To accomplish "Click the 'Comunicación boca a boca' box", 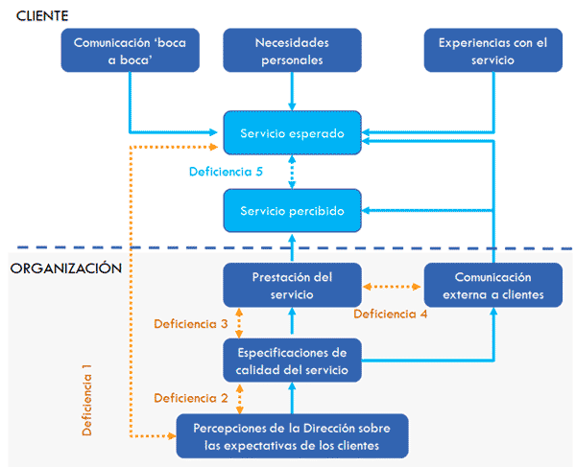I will pyautogui.click(x=131, y=50).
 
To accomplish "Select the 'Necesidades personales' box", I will pyautogui.click(x=292, y=50).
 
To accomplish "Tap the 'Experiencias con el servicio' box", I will pyautogui.click(x=493, y=50).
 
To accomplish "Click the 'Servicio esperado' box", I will pyautogui.click(x=292, y=132).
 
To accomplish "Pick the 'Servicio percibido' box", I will pyautogui.click(x=292, y=210).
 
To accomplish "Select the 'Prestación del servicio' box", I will pyautogui.click(x=292, y=285).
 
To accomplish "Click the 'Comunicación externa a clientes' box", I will pyautogui.click(x=493, y=285).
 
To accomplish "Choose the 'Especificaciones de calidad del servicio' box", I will pyautogui.click(x=292, y=359).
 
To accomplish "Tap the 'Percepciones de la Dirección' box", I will pyautogui.click(x=292, y=435).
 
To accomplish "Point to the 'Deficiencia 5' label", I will pyautogui.click(x=226, y=172).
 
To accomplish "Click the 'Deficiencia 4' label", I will pyautogui.click(x=390, y=314).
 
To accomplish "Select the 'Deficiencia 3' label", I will pyautogui.click(x=190, y=323).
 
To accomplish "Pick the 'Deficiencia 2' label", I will pyautogui.click(x=190, y=397).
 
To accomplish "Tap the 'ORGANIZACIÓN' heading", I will pyautogui.click(x=66, y=269).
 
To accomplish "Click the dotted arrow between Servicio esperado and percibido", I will pyautogui.click(x=292, y=172).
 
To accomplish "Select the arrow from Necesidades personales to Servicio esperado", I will pyautogui.click(x=292, y=91).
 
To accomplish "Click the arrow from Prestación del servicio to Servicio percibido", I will pyautogui.click(x=292, y=247).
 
